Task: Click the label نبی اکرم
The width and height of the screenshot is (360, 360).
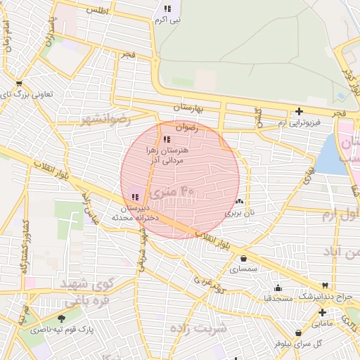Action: pyautogui.click(x=168, y=20)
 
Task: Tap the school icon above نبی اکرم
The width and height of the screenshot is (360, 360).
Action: pyautogui.click(x=167, y=9)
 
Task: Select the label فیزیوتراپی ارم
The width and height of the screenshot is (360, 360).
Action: pyautogui.click(x=298, y=122)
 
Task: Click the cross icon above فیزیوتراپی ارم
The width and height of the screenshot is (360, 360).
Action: pyautogui.click(x=300, y=111)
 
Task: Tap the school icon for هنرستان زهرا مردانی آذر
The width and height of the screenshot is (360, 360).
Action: pyautogui.click(x=167, y=139)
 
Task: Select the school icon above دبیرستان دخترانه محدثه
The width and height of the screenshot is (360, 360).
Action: pyautogui.click(x=134, y=197)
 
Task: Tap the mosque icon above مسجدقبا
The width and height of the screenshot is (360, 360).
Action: pyautogui.click(x=278, y=288)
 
